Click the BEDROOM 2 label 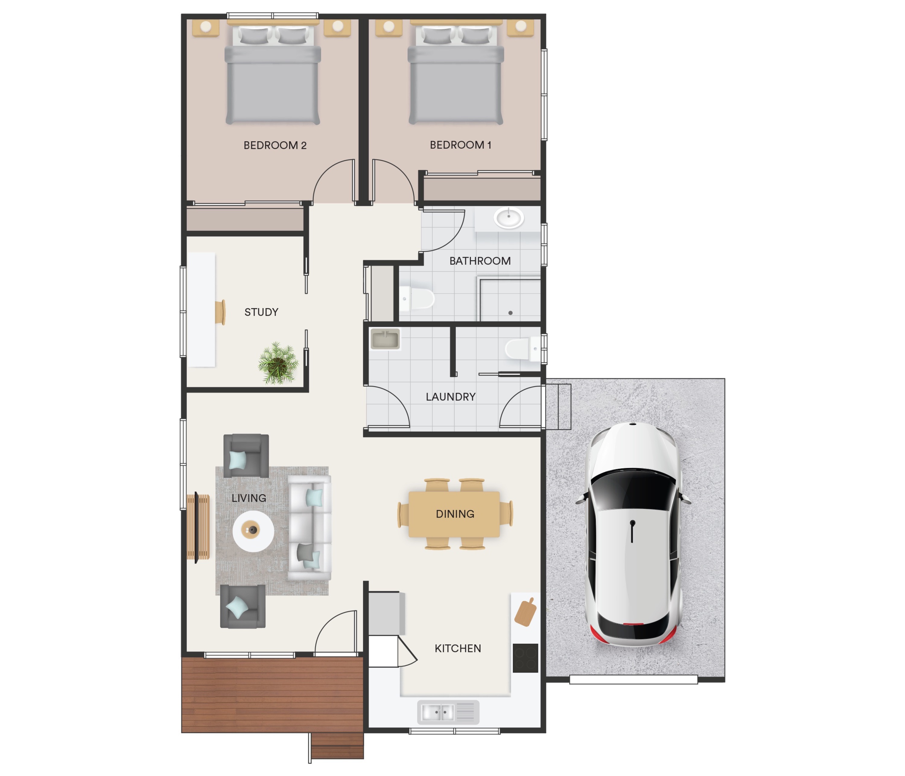point(275,145)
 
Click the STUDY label point(261,312)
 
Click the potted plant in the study point(278,363)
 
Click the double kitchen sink point(448,712)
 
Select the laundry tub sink point(385,339)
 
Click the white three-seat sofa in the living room point(309,528)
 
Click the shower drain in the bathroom point(510,313)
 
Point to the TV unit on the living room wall point(198,527)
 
